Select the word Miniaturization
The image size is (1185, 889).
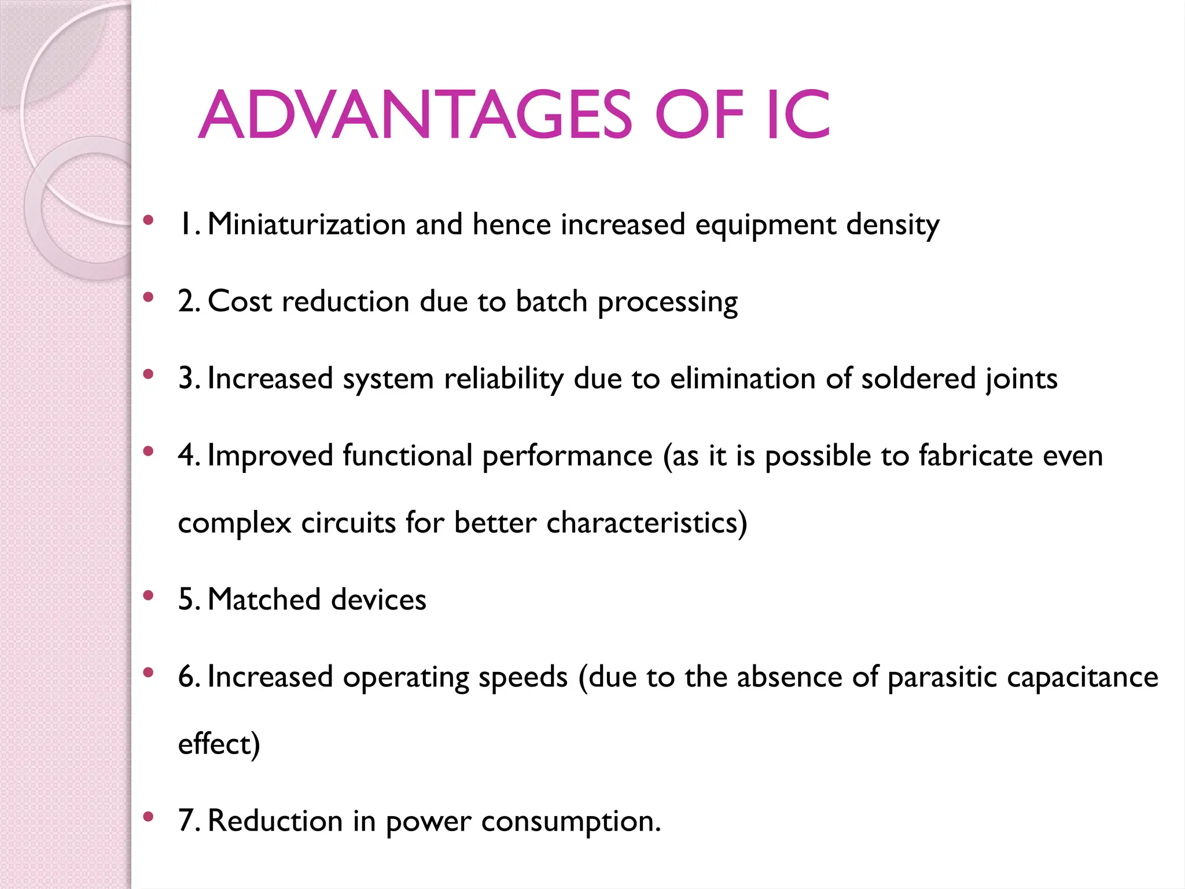coord(307,225)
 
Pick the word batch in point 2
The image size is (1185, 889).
coord(551,302)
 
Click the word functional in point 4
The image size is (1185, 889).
coord(407,455)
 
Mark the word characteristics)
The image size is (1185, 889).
coord(647,523)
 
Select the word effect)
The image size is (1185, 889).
coord(219,744)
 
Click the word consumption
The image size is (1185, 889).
coord(571,821)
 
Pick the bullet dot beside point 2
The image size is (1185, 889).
coord(149,297)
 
